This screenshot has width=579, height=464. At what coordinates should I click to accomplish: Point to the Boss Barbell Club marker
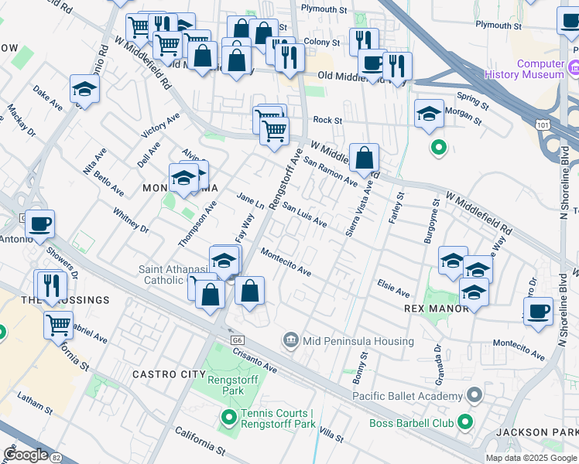465,421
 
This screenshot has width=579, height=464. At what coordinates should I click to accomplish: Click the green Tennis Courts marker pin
228,418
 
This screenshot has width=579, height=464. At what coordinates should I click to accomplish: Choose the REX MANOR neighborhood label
436,309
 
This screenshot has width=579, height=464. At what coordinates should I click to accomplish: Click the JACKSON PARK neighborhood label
545,432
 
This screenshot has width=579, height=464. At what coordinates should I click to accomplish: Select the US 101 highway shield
544,124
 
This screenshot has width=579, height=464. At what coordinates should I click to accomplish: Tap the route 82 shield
55,456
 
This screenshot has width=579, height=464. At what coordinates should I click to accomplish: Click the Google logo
26,455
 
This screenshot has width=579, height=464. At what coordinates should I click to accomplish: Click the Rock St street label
327,120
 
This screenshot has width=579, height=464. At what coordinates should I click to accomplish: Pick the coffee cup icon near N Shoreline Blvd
538,310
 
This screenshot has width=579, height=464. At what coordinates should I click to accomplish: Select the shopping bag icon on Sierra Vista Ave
364,158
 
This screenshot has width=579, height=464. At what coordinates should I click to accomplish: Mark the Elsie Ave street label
393,288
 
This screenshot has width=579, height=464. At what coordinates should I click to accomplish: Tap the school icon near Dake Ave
84,89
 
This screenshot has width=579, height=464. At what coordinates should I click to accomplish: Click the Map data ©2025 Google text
531,458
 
